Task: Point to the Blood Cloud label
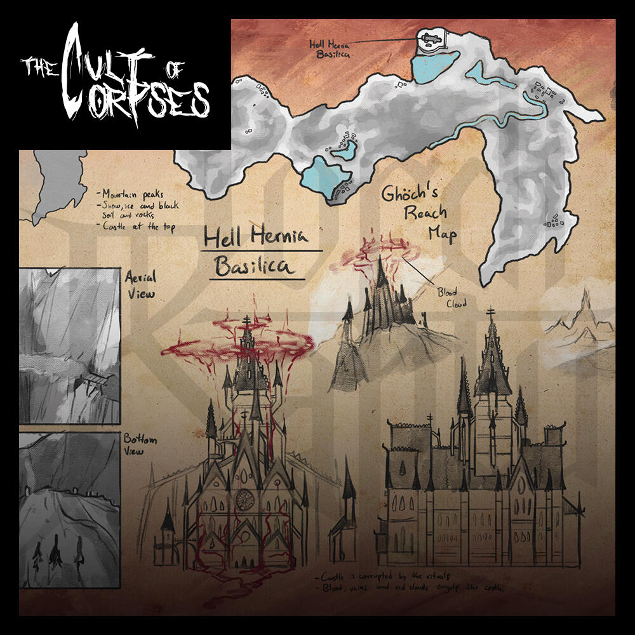pos(451,298)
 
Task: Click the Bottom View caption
pos(141,444)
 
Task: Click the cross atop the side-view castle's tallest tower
pos(491,312)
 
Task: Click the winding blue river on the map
pos(508,114)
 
